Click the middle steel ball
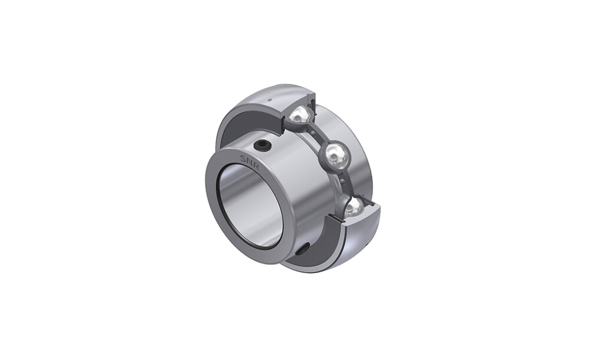(x=335, y=154)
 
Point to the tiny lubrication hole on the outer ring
(x=269, y=100)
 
